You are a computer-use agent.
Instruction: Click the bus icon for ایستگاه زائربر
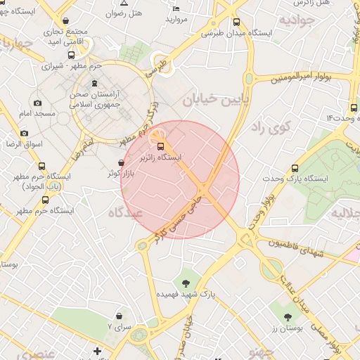pyautogui.click(x=162, y=146)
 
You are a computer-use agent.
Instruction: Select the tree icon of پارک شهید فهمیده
pyautogui.click(x=186, y=283)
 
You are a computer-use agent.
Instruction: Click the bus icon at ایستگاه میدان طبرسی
pyautogui.click(x=236, y=22)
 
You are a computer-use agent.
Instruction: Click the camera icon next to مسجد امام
pyautogui.click(x=37, y=103)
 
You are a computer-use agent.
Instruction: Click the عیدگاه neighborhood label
pyautogui.click(x=127, y=212)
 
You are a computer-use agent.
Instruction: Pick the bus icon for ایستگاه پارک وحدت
pyautogui.click(x=295, y=168)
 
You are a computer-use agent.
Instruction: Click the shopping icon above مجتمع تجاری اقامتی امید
pyautogui.click(x=66, y=21)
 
